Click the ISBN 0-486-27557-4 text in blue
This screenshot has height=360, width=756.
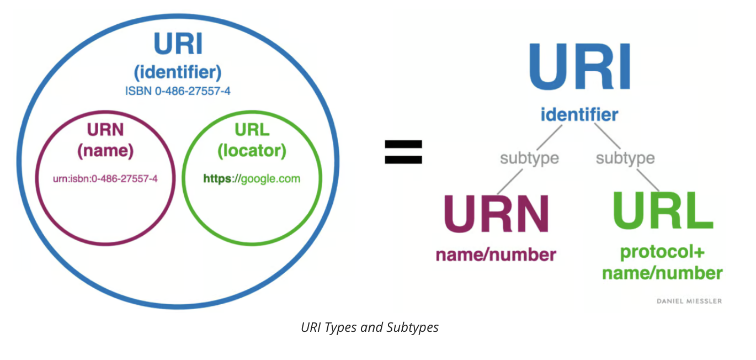(177, 91)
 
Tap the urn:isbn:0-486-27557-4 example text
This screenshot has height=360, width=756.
(105, 179)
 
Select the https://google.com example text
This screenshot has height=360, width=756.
(252, 179)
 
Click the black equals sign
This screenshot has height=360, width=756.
(403, 152)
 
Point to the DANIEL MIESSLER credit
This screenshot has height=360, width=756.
(689, 301)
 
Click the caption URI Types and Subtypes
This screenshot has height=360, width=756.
(370, 327)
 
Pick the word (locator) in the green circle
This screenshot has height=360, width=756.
(252, 151)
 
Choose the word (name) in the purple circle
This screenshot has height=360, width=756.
(105, 151)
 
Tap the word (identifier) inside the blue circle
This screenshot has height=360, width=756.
(177, 71)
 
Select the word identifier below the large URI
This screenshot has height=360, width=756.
(579, 115)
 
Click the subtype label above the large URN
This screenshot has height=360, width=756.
(529, 159)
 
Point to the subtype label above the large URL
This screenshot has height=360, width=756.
(625, 159)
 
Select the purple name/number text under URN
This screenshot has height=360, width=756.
(496, 255)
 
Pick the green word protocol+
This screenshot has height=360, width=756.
(662, 252)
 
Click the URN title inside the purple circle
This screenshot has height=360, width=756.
(105, 130)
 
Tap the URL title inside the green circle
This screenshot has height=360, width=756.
(252, 130)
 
